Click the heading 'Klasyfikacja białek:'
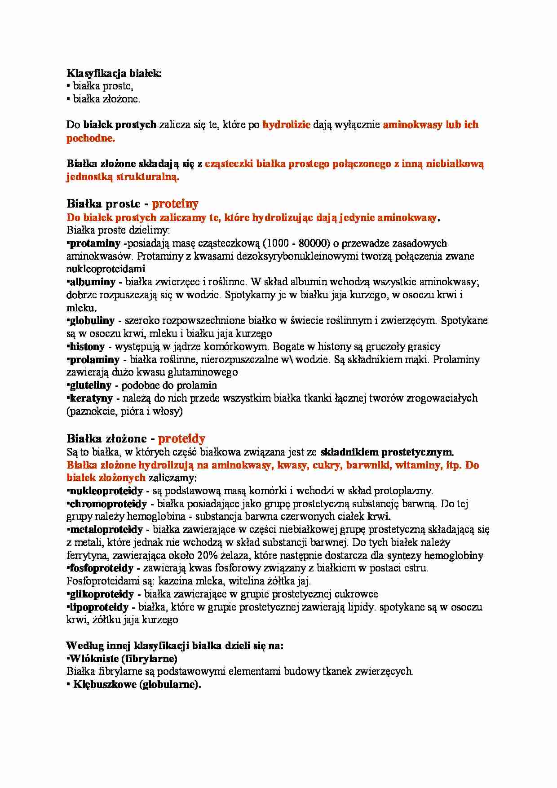114,73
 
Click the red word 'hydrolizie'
286,125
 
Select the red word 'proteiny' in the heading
175,204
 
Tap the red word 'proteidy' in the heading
181,438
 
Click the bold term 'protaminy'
95,243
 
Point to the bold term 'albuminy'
93,282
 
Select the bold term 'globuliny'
92,321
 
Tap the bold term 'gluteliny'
90,385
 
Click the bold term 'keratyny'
91,398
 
